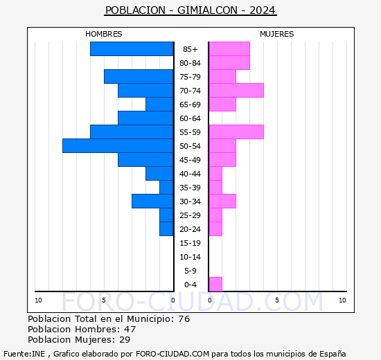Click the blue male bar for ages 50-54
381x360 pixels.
[118, 145]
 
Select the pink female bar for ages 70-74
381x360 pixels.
[236, 90]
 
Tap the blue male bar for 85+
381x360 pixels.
[132, 48]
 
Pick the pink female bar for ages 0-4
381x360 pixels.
[215, 284]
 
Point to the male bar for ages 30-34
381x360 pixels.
[152, 201]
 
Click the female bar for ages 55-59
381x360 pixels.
[236, 132]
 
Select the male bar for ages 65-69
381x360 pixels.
[159, 104]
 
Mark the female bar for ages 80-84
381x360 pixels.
[229, 62]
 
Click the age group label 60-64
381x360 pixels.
[190, 118]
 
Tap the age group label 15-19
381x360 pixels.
[190, 243]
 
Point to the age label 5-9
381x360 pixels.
[190, 271]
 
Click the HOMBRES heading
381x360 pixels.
[104, 34]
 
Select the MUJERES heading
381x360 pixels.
[276, 34]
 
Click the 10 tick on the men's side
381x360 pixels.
[38, 300]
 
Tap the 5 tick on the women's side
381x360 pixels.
[276, 300]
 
